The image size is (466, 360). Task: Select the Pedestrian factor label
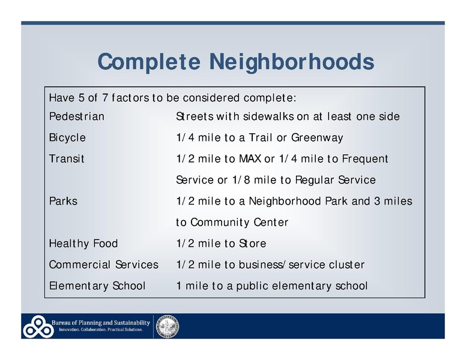click(x=76, y=116)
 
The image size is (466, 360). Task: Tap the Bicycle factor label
click(x=67, y=138)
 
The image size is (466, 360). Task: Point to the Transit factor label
click(x=67, y=159)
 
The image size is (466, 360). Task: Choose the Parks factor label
click(x=63, y=202)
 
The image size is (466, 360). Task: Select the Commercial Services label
click(x=103, y=265)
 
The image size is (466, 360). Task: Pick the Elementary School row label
click(x=97, y=286)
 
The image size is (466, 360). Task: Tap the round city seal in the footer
click(x=168, y=326)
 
